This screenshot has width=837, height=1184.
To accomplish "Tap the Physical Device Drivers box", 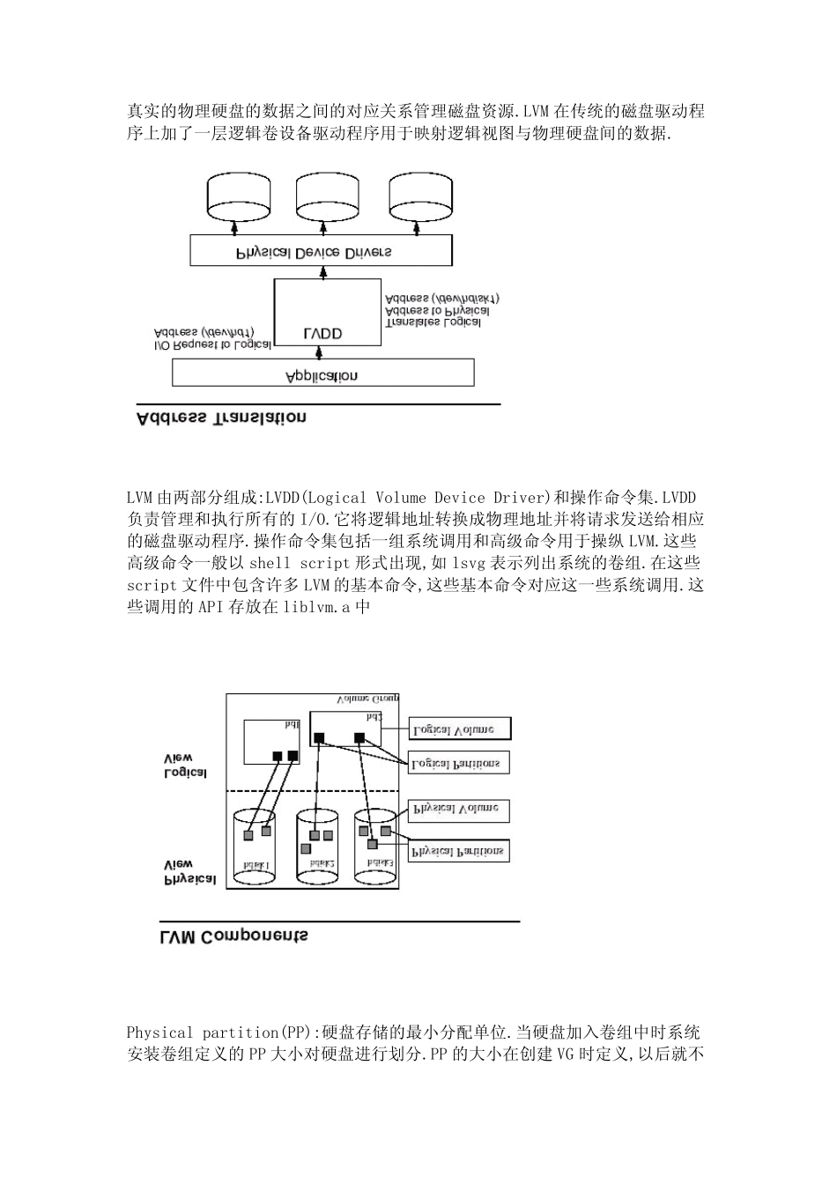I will pyautogui.click(x=322, y=251).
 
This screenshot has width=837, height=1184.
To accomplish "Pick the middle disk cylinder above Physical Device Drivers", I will pyautogui.click(x=325, y=196).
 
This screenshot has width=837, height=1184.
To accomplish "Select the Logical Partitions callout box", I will pyautogui.click(x=458, y=763).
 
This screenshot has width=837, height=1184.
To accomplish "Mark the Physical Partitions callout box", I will pyautogui.click(x=458, y=850).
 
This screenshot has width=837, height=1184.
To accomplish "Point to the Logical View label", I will pyautogui.click(x=186, y=766).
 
